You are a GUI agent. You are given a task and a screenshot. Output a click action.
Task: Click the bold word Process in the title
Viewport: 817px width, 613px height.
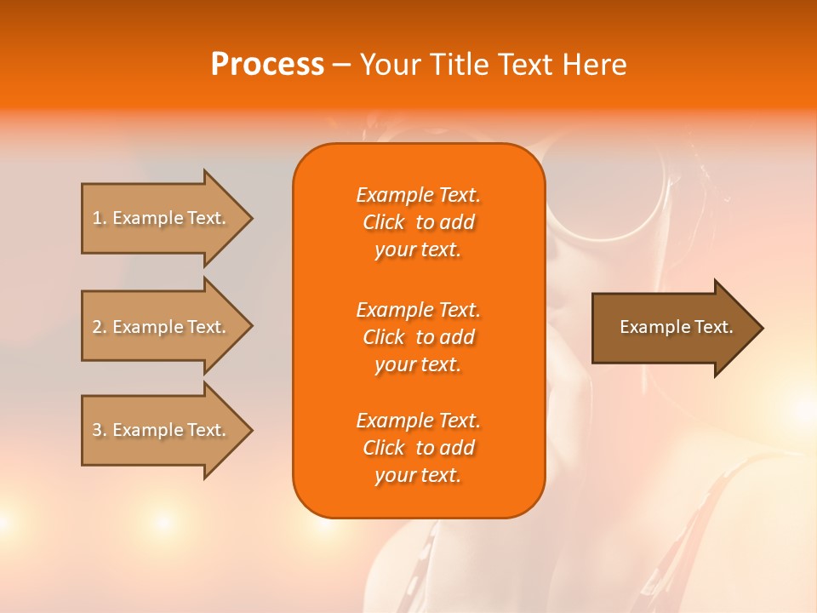pos(267,65)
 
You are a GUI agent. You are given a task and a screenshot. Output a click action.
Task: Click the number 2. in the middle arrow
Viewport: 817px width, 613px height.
pos(99,327)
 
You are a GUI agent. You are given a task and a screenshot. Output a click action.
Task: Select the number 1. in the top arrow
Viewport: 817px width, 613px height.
pos(99,218)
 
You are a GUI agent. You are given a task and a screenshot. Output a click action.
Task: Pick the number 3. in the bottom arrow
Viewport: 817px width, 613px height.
pos(99,430)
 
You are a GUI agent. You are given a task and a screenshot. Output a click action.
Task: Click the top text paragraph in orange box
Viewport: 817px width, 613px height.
pos(418,222)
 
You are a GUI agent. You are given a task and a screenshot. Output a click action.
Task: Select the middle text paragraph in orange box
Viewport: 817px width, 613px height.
pos(418,337)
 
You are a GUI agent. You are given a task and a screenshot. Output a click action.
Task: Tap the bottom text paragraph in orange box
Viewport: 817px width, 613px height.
pos(418,448)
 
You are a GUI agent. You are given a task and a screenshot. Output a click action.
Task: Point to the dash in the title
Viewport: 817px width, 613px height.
pos(341,66)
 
